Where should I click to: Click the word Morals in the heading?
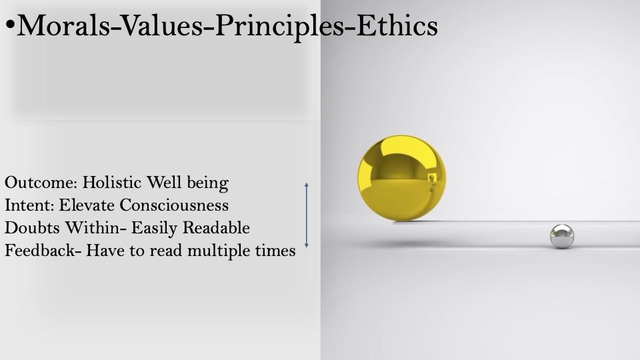point(63,25)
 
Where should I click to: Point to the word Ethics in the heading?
point(397,25)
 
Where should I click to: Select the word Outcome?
point(41,183)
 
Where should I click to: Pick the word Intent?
point(29,205)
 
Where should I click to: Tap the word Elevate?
point(87,205)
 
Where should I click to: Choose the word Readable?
point(216,228)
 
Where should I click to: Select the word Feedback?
point(40,250)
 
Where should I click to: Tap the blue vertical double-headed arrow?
point(307,215)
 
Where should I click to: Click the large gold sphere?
point(401,178)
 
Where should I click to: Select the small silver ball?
point(562,236)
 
